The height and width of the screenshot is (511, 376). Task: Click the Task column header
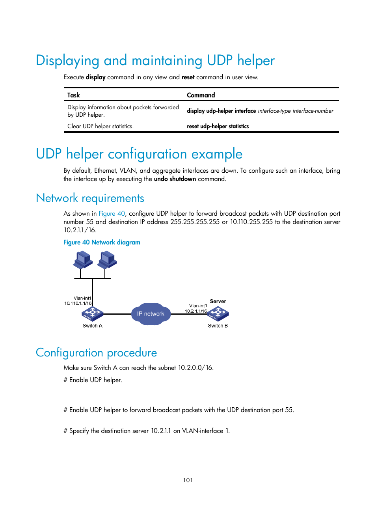(74, 95)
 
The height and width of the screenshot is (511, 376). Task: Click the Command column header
(201, 95)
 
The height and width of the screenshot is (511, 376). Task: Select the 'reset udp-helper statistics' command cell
(218, 126)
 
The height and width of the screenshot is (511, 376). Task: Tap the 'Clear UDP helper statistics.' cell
(101, 126)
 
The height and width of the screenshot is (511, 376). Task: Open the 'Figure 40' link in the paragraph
(112, 213)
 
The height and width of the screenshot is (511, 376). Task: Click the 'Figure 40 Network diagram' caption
(102, 242)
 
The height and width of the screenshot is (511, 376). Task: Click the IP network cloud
(151, 314)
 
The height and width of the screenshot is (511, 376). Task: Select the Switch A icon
(92, 314)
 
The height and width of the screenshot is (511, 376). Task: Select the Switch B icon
(218, 314)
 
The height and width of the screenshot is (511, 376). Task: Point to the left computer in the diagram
(82, 260)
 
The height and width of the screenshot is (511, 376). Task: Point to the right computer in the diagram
(107, 260)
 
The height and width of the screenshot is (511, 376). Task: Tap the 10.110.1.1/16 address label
(78, 303)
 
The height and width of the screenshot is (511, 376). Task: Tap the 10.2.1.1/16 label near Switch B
(196, 311)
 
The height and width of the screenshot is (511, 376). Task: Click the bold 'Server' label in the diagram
(218, 301)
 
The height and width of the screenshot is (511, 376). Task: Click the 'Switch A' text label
(92, 326)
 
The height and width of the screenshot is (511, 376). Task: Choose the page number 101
(188, 480)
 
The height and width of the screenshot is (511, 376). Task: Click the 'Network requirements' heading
(90, 198)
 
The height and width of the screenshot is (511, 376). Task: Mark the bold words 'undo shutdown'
(175, 179)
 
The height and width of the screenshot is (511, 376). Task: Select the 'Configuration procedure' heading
(96, 352)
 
